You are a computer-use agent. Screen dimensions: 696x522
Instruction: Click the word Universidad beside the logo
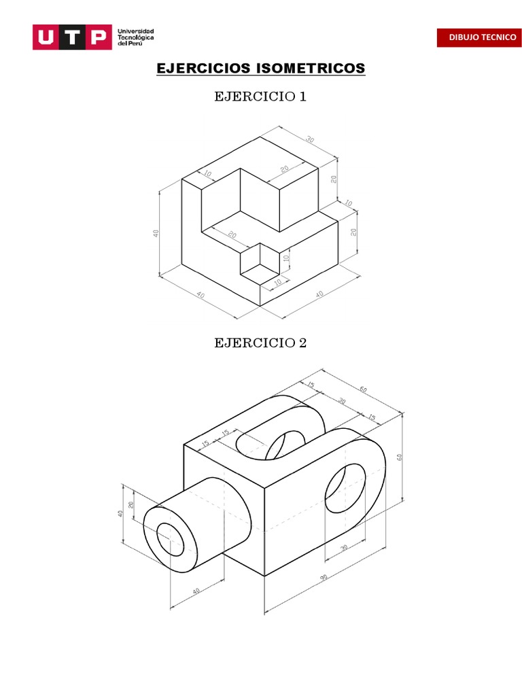[136, 31]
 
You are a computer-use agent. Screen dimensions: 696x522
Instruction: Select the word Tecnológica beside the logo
[137, 37]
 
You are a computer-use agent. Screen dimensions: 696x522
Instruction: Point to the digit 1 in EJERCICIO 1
[302, 97]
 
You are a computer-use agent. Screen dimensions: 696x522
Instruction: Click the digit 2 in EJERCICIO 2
[302, 343]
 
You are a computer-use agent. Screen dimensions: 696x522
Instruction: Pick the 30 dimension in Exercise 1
[311, 140]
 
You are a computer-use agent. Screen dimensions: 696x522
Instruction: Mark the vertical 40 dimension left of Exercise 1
[156, 233]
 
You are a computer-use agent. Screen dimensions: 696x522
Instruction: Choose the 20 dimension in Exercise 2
[131, 505]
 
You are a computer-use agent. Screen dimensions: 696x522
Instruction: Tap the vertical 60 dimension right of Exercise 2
[400, 457]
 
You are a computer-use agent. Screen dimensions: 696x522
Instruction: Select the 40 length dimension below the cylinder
[196, 592]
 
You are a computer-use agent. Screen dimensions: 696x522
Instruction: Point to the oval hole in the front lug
[345, 488]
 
